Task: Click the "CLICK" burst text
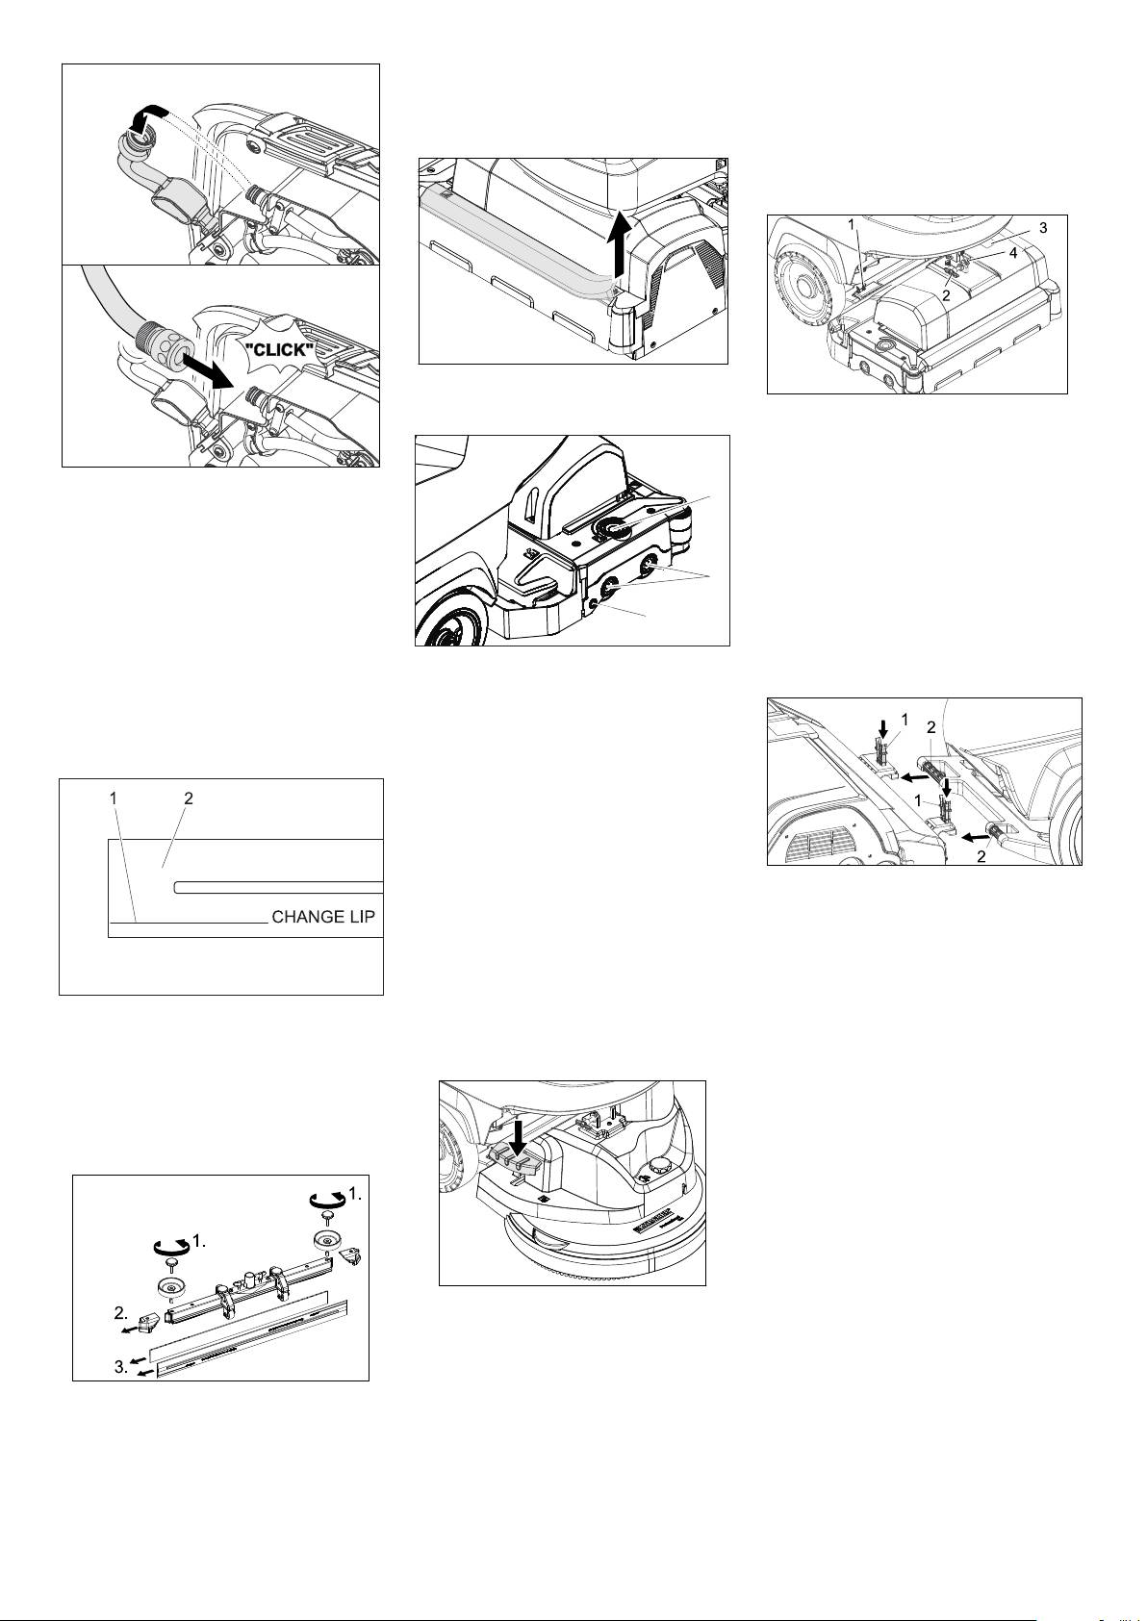coord(279,350)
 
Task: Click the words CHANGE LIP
coord(323,917)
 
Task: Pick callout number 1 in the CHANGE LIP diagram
coord(113,798)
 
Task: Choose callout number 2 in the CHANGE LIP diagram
coord(189,798)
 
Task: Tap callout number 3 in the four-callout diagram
coord(1043,228)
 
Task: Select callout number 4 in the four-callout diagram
coord(1013,253)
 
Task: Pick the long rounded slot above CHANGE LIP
coord(278,887)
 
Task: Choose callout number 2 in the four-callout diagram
coord(945,295)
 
